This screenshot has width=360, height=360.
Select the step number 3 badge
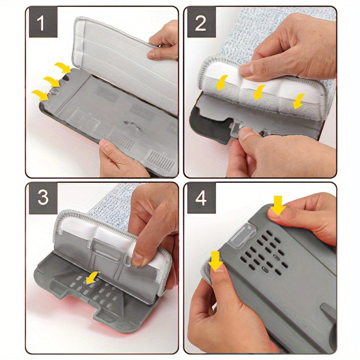point(43,197)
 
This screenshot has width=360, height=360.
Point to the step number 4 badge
point(201,197)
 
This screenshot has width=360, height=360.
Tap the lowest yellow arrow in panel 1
point(41,95)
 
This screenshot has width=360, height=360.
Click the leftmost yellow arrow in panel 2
point(221,83)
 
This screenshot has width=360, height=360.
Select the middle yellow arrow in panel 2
point(259,92)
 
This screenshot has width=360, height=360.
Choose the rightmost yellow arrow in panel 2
point(298,101)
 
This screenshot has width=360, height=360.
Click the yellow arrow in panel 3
point(92,278)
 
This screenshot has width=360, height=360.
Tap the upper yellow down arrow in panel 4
point(278,206)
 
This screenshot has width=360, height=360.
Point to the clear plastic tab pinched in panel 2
point(236,130)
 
